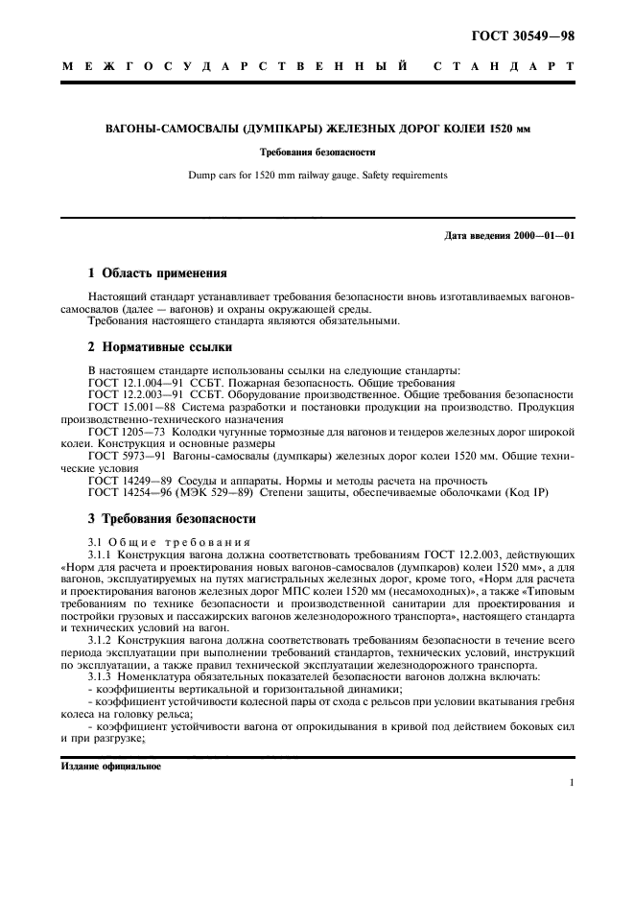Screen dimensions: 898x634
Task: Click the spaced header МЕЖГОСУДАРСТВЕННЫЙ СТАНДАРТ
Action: (317, 68)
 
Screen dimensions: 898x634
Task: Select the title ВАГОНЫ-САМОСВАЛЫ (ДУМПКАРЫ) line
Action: (317, 129)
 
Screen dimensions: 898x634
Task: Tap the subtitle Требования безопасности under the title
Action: (317, 153)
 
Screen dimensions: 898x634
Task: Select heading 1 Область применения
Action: (157, 272)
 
